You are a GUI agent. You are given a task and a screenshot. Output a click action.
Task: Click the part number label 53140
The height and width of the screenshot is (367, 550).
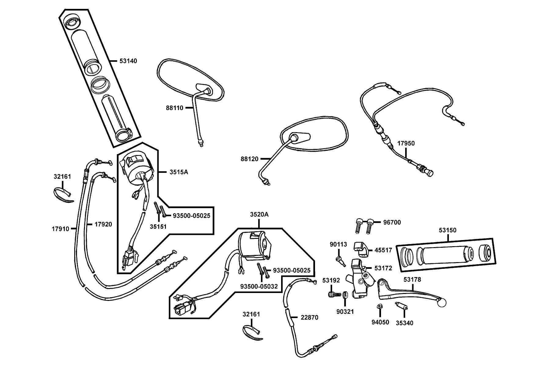128,61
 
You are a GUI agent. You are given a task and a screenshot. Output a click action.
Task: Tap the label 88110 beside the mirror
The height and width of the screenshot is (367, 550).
174,108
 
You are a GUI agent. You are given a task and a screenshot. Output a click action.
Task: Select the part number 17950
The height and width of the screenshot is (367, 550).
406,143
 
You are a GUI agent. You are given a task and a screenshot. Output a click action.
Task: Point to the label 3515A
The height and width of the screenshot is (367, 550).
179,172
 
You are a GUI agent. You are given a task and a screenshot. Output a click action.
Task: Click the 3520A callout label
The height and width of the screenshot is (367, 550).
259,214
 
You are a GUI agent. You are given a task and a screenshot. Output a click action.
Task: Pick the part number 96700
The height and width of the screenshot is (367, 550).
392,222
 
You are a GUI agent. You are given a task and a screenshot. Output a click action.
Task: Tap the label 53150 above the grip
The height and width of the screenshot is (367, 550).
448,230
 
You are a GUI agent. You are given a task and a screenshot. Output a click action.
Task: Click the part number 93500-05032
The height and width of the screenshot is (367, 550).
259,287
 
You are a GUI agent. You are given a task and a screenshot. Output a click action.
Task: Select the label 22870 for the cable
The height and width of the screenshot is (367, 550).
309,318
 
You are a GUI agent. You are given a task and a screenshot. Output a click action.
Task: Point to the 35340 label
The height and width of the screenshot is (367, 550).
405,323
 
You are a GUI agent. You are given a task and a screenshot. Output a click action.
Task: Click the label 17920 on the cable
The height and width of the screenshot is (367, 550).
103,224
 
